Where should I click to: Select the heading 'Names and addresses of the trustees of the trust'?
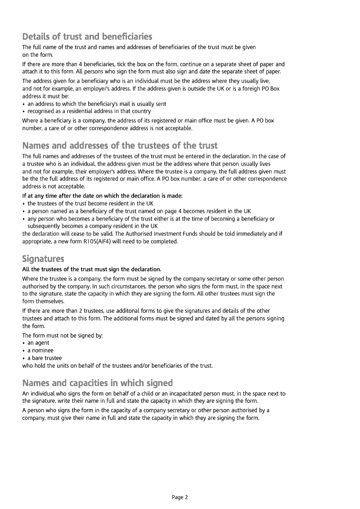(120, 145)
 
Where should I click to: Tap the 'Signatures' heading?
(43, 259)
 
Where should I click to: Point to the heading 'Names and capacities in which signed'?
(97, 383)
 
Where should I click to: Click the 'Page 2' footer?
(180, 497)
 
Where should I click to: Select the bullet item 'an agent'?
(38, 342)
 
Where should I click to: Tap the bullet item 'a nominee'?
(40, 350)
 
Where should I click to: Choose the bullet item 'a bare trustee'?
(45, 358)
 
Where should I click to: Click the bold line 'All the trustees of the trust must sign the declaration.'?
(92, 269)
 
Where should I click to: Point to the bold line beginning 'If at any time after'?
(103, 196)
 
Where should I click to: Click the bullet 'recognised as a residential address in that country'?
(89, 111)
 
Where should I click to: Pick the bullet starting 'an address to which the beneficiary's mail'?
(97, 104)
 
